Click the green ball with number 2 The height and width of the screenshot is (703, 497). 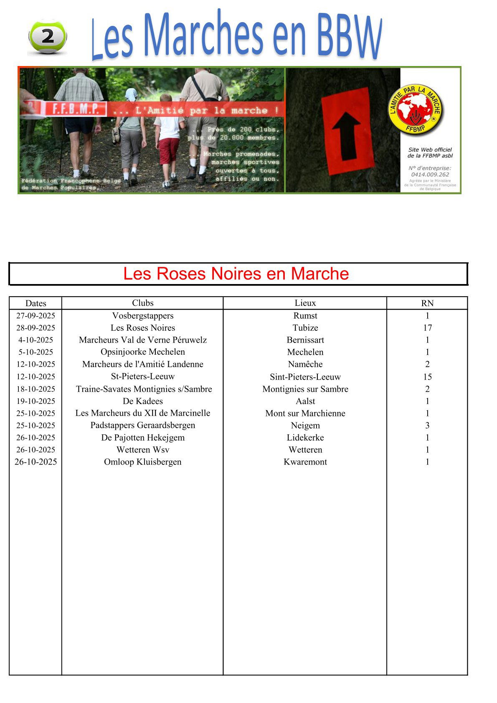click(47, 37)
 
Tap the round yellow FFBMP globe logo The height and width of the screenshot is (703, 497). click(416, 110)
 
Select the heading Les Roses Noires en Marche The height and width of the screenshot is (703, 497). click(236, 274)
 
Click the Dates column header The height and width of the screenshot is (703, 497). click(35, 303)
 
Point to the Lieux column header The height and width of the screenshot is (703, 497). click(305, 303)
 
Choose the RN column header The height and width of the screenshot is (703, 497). click(427, 303)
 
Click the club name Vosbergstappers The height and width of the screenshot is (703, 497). click(143, 316)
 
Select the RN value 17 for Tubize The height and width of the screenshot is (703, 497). click(427, 328)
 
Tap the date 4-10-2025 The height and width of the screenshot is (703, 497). click(35, 340)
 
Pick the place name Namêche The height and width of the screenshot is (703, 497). click(305, 364)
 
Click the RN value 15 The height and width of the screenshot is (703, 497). click(427, 377)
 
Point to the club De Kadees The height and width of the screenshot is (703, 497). click(143, 401)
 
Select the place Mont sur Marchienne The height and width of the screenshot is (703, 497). click(305, 413)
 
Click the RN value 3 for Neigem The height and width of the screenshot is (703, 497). click(427, 425)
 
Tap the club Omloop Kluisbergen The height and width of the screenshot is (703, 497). click(143, 462)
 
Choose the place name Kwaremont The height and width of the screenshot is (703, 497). click(305, 462)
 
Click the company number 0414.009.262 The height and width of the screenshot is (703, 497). click(430, 175)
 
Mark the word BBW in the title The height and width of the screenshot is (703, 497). click(349, 36)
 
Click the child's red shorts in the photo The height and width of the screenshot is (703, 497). click(169, 150)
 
